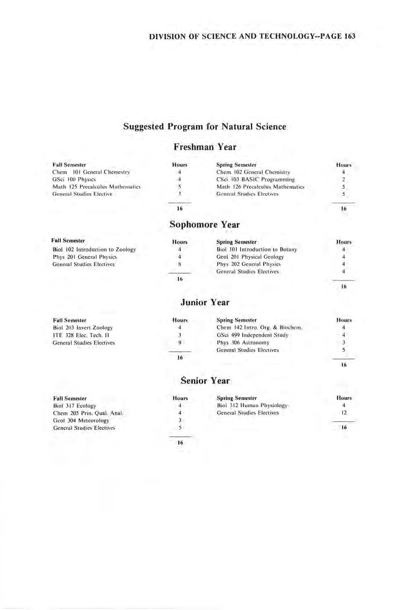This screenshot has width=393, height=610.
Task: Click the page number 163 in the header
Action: [349, 36]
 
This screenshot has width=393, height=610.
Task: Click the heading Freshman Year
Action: [205, 147]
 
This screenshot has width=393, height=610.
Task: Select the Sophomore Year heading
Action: [204, 225]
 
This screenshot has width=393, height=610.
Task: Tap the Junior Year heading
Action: [205, 302]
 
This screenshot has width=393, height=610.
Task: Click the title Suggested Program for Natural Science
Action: [205, 126]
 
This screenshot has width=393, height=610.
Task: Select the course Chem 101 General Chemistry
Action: [91, 172]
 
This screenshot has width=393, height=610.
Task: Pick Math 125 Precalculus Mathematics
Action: [96, 187]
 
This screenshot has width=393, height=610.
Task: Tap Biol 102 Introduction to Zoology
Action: [94, 250]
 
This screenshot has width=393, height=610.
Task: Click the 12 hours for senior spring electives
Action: [344, 413]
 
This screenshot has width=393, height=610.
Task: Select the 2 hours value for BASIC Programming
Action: [344, 180]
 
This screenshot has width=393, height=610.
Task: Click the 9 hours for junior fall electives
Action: [180, 343]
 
